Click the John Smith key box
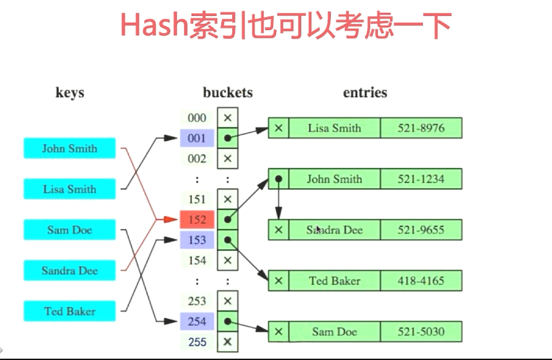(70, 149)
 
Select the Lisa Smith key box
(70, 189)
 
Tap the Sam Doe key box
(70, 230)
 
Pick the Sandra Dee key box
(70, 271)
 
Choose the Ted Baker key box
(70, 311)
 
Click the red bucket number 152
(197, 220)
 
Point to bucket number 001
(197, 138)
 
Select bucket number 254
(197, 322)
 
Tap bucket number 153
(197, 240)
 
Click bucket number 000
(197, 118)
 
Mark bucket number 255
(197, 342)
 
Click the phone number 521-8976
(421, 128)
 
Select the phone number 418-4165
(421, 280)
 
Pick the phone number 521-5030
(421, 331)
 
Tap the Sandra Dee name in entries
(334, 230)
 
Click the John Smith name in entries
(334, 179)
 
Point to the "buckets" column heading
(228, 93)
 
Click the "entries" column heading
(365, 93)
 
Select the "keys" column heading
(70, 93)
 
